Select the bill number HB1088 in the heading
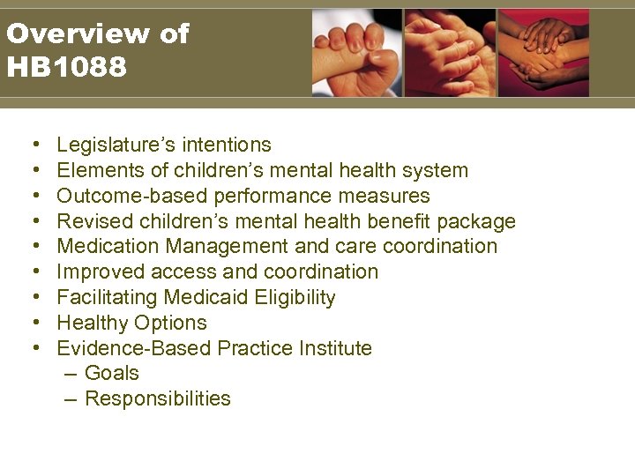click(x=66, y=66)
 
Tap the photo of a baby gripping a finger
click(x=357, y=52)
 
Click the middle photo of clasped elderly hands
click(x=450, y=52)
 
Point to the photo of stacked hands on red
click(x=543, y=52)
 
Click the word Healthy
click(x=93, y=324)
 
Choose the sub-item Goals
click(x=112, y=374)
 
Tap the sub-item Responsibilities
click(x=158, y=399)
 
